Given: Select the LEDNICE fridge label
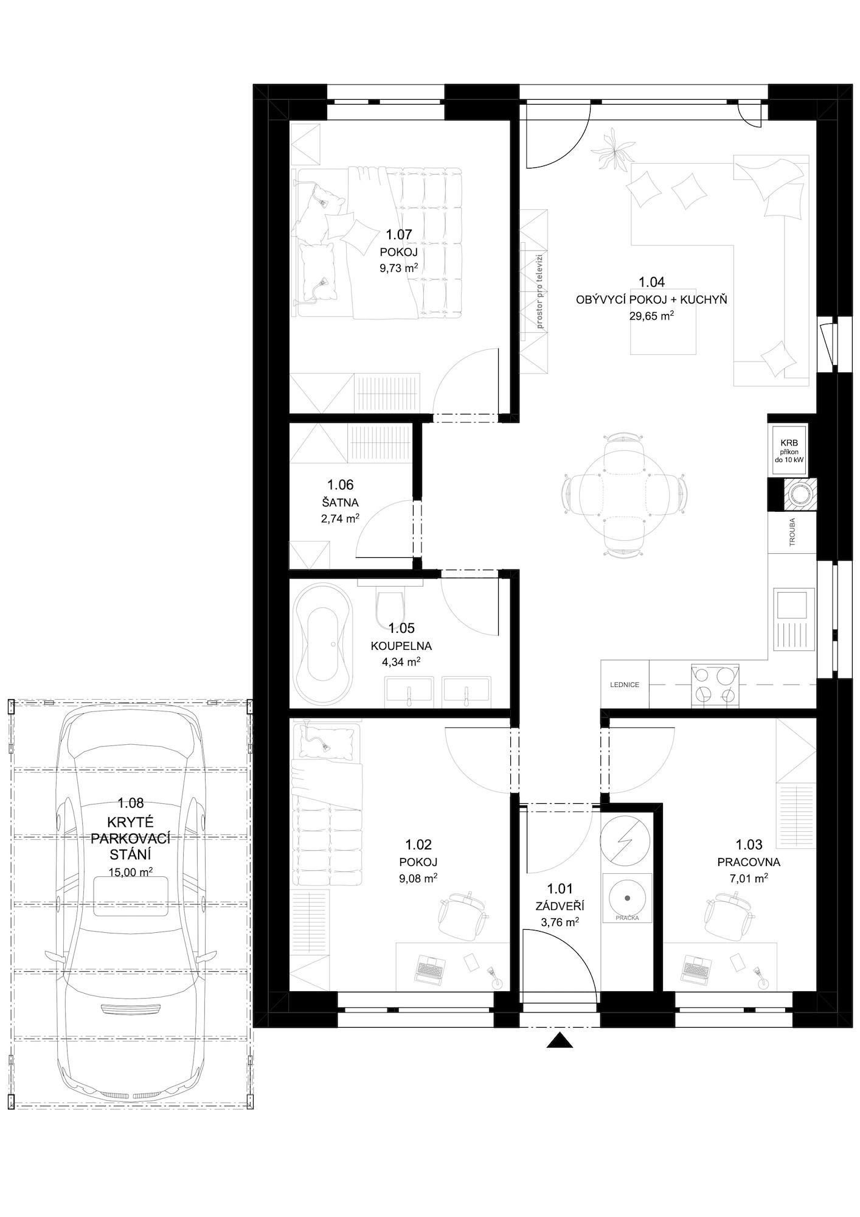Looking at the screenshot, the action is point(625,685).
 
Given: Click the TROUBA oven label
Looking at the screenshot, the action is point(792,532).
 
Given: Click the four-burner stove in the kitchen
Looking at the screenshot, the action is point(715,685).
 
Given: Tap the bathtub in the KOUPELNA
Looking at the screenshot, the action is point(322,642).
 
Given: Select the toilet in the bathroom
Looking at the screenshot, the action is point(390,602).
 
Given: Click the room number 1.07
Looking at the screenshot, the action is point(399,234).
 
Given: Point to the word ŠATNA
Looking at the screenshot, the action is point(340,503).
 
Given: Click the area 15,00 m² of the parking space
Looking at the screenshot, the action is point(131,872).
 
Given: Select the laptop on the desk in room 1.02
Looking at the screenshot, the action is point(431,968).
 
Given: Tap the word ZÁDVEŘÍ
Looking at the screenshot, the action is point(560,907).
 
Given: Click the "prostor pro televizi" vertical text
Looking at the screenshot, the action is point(539,291).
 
